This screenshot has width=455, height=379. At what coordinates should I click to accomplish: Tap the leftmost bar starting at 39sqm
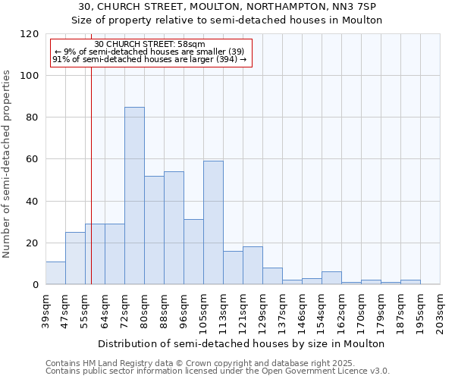(55, 273)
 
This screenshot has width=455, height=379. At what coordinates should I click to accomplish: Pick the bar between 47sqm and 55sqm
(75, 258)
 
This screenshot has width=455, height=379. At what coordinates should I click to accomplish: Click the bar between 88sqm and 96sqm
(174, 228)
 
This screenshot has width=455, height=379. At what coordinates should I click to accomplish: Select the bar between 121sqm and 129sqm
(253, 265)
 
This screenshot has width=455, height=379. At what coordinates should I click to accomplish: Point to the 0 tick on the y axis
(36, 285)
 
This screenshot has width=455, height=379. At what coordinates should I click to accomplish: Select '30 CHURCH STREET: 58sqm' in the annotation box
(149, 45)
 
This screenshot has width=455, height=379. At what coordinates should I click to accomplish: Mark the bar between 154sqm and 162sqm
(331, 278)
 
